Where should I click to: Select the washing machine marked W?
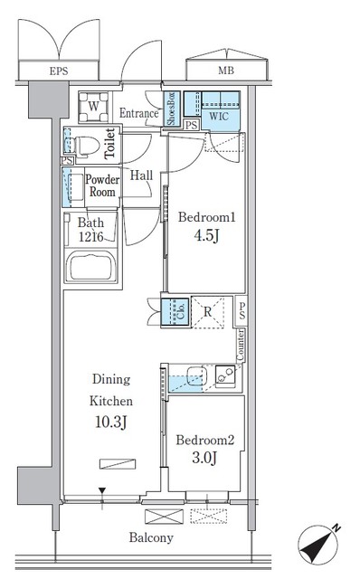[x=93, y=107]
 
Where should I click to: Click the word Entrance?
[x=139, y=113]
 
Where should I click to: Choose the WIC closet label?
[x=218, y=115]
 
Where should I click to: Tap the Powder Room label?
[x=102, y=185]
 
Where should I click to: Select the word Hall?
[x=140, y=176]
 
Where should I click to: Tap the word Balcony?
[x=150, y=537]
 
